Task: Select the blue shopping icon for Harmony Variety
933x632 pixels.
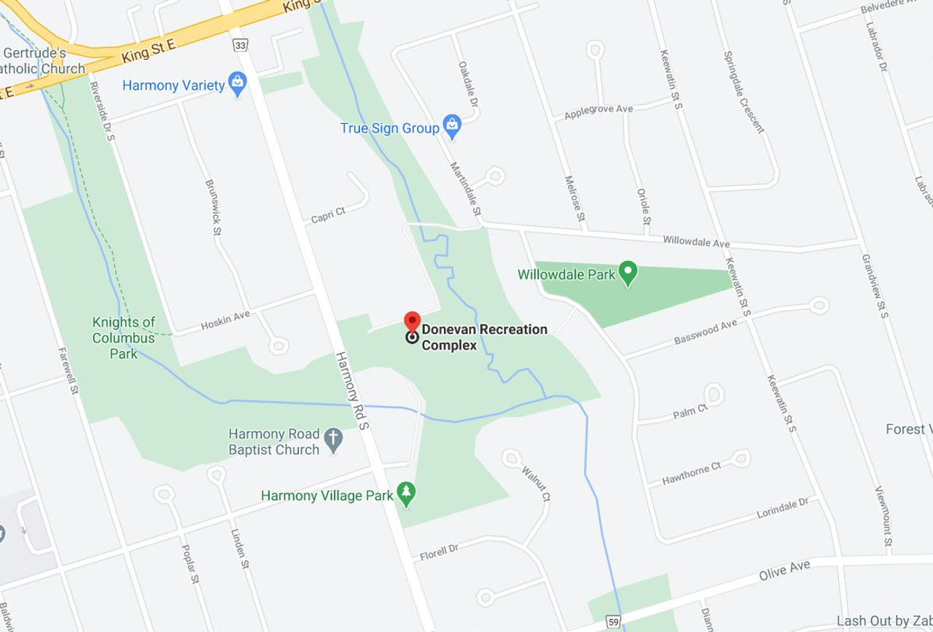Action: [236, 85]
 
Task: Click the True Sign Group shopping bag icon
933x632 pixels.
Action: [451, 128]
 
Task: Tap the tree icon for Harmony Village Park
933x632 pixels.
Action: [405, 495]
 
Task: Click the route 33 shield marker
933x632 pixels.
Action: [240, 46]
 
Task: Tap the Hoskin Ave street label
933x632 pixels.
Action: [226, 319]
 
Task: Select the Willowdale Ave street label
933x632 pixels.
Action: [696, 241]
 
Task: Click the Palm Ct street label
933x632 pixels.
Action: [690, 413]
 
